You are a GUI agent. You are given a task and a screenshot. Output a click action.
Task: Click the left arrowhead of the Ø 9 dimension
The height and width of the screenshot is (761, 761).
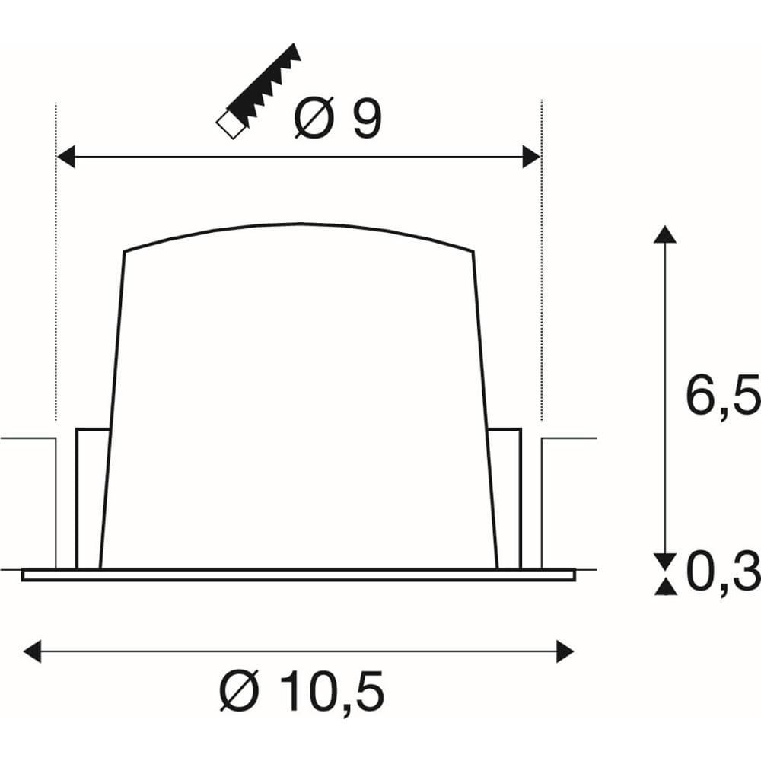click(66, 156)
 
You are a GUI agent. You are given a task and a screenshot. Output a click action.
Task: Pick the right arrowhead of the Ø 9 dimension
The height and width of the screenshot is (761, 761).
click(531, 156)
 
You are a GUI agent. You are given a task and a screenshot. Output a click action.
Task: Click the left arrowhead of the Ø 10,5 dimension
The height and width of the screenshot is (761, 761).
click(33, 651)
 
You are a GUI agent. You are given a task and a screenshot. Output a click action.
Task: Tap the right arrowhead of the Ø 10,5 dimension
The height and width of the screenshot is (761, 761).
click(565, 651)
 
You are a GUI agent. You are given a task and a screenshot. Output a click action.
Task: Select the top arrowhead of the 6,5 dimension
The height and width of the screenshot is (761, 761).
click(665, 234)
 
